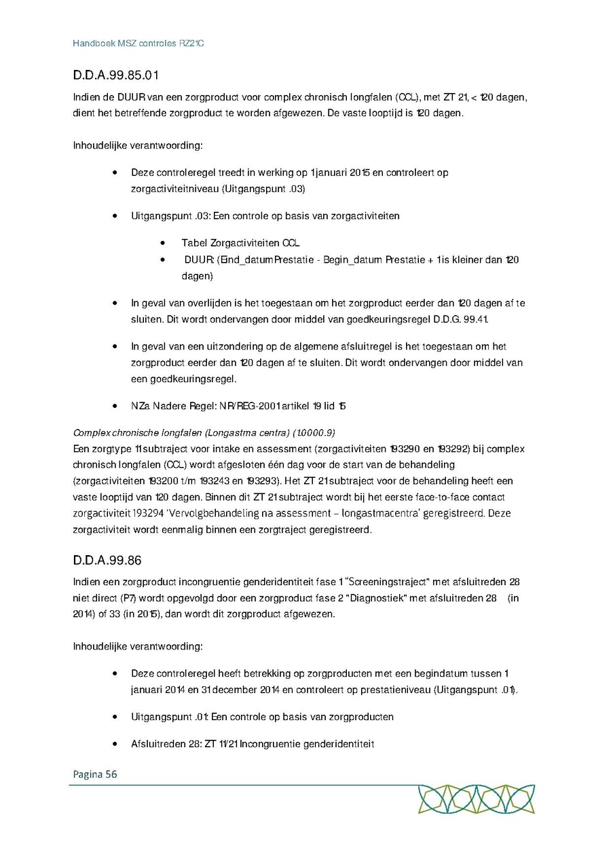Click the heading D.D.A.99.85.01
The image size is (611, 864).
(116, 74)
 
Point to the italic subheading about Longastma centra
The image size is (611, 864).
(204, 432)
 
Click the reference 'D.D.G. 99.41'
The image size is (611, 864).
(460, 319)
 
